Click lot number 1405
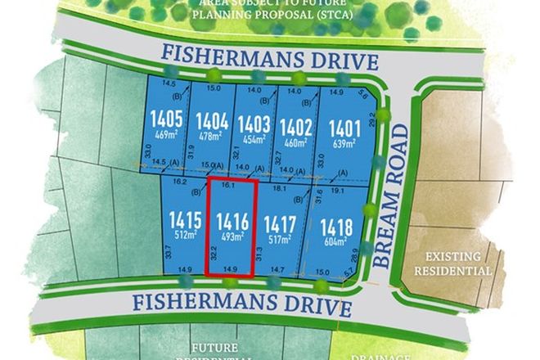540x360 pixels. [166, 120]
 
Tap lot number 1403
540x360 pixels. [254, 124]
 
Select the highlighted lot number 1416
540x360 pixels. [232, 221]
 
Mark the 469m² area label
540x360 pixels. [166, 135]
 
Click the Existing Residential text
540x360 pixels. [453, 263]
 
